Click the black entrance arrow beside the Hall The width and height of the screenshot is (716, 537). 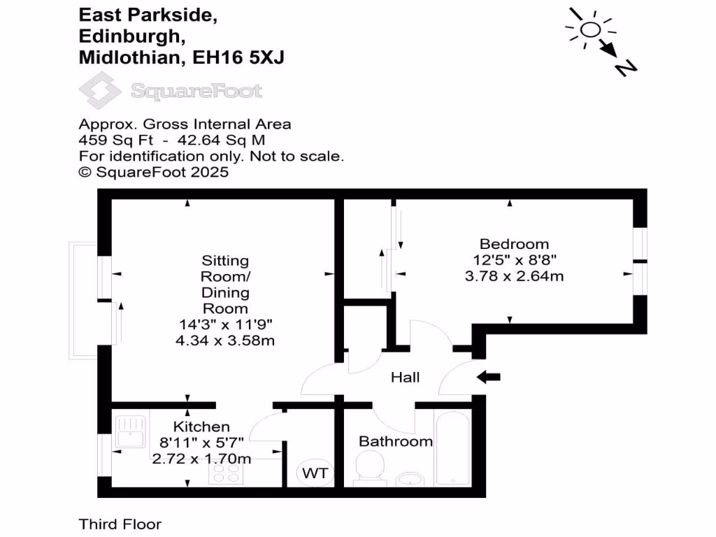[489, 378]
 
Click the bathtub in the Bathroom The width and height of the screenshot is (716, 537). [453, 447]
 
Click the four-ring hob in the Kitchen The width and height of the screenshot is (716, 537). [226, 475]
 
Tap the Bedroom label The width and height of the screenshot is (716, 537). [514, 244]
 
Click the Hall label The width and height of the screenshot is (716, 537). [405, 378]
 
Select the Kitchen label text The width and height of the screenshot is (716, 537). [201, 427]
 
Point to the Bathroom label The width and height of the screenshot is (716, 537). [395, 441]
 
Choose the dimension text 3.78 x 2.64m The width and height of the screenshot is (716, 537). [514, 276]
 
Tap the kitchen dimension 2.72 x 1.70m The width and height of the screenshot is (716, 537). [201, 459]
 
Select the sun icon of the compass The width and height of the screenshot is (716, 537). [589, 29]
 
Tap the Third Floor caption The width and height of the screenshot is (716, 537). [120, 524]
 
